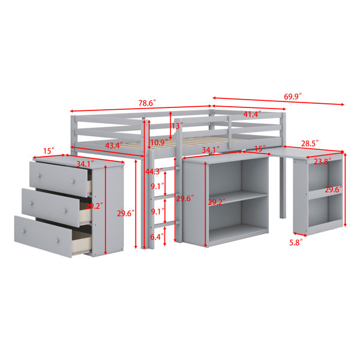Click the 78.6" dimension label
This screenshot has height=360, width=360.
(x=147, y=103)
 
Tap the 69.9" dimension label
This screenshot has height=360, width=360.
(x=293, y=97)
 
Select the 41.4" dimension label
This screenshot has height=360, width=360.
(x=253, y=114)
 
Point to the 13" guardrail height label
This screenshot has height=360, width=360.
(x=177, y=126)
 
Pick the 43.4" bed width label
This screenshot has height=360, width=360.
(x=114, y=145)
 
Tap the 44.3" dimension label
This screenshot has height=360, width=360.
(x=154, y=171)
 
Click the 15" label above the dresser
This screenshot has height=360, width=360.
(x=49, y=151)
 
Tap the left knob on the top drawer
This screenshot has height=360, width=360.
(x=39, y=176)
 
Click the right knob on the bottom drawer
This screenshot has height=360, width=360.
(x=58, y=241)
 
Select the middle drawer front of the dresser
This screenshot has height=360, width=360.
(x=51, y=208)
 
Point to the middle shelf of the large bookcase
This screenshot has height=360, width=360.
(x=238, y=199)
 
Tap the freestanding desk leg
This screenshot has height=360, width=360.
(x=283, y=187)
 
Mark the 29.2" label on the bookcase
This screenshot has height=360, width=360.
(x=217, y=202)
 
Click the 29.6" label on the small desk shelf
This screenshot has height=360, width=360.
(x=334, y=190)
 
